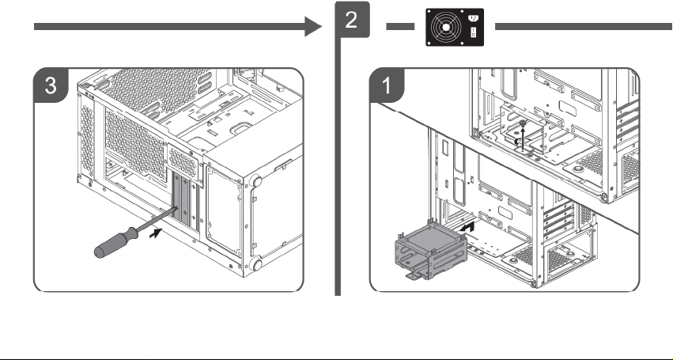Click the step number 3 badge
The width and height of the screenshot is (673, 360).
[51, 85]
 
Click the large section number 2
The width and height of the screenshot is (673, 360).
[351, 20]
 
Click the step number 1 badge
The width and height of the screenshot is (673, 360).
[387, 85]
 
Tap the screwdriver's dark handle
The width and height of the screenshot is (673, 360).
[115, 243]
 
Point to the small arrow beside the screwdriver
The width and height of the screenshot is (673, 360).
[156, 233]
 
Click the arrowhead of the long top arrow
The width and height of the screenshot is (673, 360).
[313, 27]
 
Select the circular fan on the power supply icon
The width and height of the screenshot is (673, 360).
[446, 28]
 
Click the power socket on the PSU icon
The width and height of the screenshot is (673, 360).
[474, 19]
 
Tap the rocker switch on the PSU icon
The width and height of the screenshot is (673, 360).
[474, 32]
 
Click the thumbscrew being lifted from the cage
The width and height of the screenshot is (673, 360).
[523, 124]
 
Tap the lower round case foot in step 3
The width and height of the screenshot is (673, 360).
[256, 263]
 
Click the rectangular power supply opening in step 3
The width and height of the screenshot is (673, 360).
[223, 210]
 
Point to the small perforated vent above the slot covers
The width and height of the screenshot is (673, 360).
[183, 162]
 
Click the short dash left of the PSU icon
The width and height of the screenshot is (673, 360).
[400, 27]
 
